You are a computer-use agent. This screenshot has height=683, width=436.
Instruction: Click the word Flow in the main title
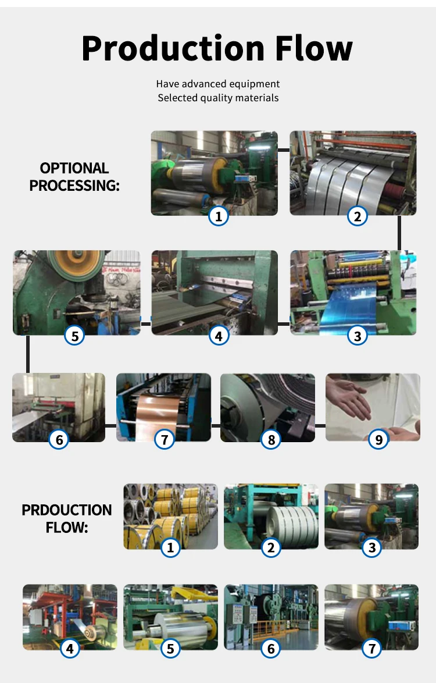pos(314,48)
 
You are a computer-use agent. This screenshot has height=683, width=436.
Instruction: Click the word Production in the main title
pos(173,49)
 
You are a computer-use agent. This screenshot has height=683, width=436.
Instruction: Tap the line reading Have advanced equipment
pos(218,84)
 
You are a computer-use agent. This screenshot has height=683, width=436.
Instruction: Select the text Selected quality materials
pos(218,98)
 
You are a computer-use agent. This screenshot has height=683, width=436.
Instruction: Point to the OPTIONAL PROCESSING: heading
pos(74,177)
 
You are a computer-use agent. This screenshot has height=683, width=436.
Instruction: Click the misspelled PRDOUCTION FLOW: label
pos(67,518)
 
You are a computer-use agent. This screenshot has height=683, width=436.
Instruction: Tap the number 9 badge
pos(378,439)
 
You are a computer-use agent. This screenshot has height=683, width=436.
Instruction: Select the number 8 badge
pos(271,439)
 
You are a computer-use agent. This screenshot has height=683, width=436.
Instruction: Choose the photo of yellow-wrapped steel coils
pos(170,516)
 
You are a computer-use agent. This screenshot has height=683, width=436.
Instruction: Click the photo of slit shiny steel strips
pos(353,173)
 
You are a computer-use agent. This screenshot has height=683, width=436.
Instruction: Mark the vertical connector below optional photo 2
pos(399,233)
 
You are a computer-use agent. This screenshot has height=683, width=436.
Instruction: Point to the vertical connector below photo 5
pos(28,354)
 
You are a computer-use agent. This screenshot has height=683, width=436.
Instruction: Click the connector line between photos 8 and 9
pos(320,426)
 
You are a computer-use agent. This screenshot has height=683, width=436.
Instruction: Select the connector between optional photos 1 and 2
pos(284,150)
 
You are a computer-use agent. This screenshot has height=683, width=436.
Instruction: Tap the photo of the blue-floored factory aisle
pos(271,617)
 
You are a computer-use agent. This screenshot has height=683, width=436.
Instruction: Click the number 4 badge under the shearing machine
pos(219,336)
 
